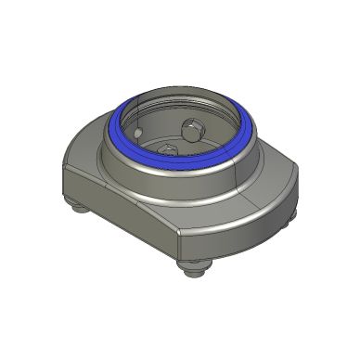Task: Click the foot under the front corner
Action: coord(194,270)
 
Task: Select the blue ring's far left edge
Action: coord(114,130)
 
